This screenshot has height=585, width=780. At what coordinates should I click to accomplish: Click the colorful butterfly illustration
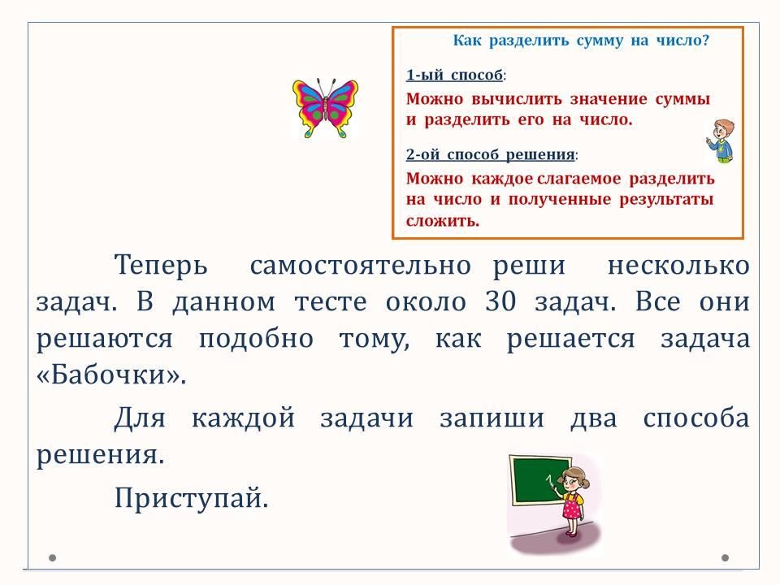(325, 107)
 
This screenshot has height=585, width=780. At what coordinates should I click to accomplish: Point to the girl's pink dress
(573, 507)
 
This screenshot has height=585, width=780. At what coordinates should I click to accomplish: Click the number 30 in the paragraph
(500, 301)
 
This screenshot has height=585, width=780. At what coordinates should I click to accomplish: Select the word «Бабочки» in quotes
(111, 374)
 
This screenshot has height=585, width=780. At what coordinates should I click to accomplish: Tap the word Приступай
(192, 497)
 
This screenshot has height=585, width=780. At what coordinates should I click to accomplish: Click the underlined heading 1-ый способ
(454, 75)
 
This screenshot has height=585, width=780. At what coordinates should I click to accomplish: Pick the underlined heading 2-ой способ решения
(491, 154)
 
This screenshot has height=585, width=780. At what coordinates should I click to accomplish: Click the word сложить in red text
(442, 221)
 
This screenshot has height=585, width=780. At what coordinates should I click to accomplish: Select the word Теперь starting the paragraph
(161, 265)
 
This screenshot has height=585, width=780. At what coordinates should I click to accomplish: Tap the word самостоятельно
(360, 266)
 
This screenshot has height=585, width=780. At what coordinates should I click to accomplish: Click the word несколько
(678, 266)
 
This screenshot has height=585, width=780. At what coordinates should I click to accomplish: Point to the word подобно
(256, 339)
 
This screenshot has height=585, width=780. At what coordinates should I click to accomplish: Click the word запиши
(492, 418)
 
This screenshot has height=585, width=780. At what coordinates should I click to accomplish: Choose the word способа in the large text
(696, 418)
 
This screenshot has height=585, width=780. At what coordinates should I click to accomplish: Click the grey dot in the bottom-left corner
(52, 557)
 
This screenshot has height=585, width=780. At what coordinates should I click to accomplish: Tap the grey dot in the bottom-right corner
(726, 557)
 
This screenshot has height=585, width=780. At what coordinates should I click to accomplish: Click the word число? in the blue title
(682, 40)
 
